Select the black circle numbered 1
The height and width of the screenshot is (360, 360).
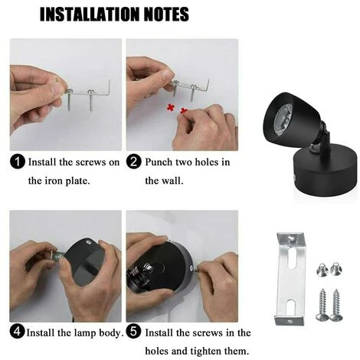[17, 162]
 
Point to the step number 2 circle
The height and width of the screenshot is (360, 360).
[133, 162]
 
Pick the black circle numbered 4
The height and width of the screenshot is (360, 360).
[17, 332]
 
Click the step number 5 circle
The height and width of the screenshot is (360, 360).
[133, 332]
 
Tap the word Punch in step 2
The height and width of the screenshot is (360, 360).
[160, 162]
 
